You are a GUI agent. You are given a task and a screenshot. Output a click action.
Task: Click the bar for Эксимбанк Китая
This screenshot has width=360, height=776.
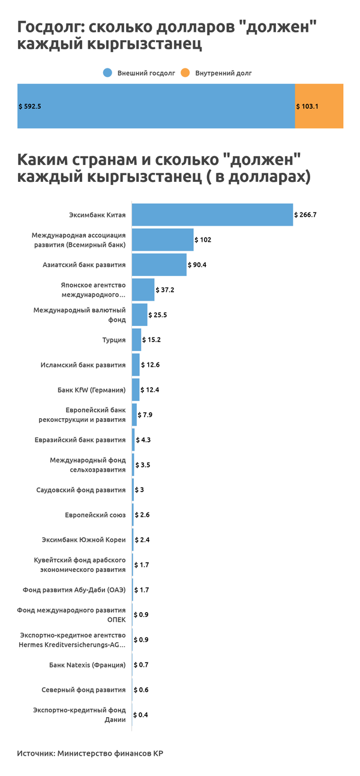212,214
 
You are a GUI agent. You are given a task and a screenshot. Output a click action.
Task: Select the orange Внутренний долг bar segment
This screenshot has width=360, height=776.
319,106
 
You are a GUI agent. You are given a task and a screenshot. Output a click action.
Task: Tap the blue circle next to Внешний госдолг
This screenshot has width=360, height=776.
108,73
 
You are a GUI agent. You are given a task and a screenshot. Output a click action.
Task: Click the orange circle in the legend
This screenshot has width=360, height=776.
185,73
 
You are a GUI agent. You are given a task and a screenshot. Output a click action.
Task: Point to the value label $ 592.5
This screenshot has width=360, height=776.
30,106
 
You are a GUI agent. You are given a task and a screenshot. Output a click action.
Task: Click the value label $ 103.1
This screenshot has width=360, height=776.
307,106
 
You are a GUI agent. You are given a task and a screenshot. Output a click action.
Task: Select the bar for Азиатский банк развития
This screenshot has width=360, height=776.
159,265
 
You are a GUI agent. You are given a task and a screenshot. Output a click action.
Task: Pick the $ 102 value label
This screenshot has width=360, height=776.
203,239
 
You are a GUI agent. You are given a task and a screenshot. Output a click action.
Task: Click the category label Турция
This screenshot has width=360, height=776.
114,340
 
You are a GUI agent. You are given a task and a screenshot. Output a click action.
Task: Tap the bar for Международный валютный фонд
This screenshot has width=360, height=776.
139,314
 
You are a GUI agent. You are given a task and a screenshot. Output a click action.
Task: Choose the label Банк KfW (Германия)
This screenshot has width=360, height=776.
91,390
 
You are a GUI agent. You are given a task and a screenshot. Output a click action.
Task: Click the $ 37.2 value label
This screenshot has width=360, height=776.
166,290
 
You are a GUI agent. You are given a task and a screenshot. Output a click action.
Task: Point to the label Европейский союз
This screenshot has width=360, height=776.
95,515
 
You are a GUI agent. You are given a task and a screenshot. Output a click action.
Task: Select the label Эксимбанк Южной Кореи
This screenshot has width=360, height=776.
83,540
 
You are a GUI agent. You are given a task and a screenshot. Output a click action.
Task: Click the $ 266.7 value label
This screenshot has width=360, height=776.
305,214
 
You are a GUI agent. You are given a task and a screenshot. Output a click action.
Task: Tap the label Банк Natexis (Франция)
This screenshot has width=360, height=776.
87,665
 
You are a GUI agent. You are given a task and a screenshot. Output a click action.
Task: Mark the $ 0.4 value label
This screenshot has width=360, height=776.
141,715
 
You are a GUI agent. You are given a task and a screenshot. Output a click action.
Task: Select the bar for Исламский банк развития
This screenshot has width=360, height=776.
136,365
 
